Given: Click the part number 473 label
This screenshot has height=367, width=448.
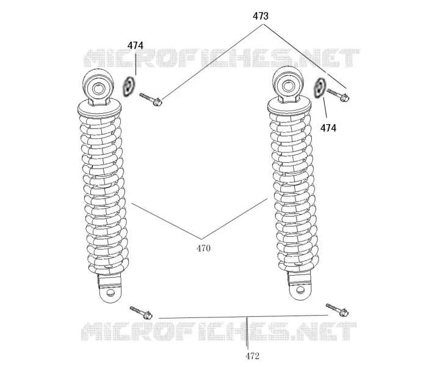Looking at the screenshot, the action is coord(261,17).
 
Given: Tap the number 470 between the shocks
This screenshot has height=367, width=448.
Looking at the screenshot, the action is coord(203,248).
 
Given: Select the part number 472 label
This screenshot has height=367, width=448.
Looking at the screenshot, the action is coord(253,356).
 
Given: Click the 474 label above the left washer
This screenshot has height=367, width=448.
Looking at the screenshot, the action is coord(135,45).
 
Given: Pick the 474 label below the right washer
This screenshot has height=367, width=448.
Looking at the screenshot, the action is coord(328,128).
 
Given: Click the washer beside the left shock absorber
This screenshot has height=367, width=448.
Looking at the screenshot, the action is coord(129,86).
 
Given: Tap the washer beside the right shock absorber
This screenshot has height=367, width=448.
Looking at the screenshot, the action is coord(320,88).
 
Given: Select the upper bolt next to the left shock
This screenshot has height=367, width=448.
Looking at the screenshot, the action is coord(151,99).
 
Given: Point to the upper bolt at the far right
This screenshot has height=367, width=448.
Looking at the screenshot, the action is coord(338,95).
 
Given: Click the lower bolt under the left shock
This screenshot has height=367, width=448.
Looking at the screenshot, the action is coord(141,313).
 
